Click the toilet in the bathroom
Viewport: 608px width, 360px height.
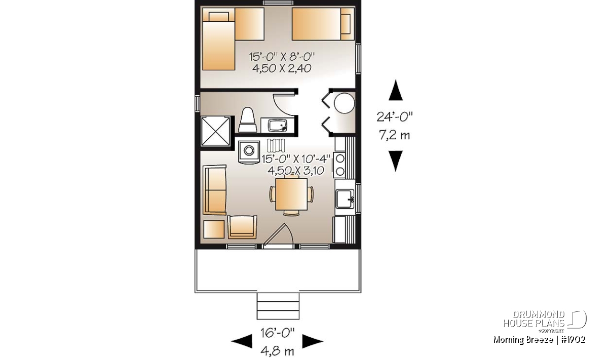coord(248,120)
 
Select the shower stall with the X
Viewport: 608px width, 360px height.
coord(215,132)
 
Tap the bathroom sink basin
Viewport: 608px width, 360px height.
coord(277,126)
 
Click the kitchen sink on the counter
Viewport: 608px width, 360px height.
coord(345,199)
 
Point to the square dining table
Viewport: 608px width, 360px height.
coord(291,194)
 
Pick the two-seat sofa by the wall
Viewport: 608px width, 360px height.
coord(215,190)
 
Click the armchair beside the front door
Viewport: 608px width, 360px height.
coord(242,227)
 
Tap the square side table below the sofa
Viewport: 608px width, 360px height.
coord(214,229)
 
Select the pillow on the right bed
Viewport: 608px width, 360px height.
coord(346,24)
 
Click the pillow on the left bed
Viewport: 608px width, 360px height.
coord(219,17)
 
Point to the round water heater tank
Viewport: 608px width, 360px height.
coord(344,103)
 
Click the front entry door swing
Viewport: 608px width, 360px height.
coord(280,235)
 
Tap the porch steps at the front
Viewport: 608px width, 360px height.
coord(278,306)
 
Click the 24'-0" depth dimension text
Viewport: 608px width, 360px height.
coord(394,117)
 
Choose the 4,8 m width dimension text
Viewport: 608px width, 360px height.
coord(277,351)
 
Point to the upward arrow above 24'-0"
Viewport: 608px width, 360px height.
coord(396,90)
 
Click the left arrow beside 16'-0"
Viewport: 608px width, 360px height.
coord(242,341)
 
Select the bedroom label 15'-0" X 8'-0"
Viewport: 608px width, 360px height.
coord(282,57)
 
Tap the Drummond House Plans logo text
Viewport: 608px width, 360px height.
coord(534,319)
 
